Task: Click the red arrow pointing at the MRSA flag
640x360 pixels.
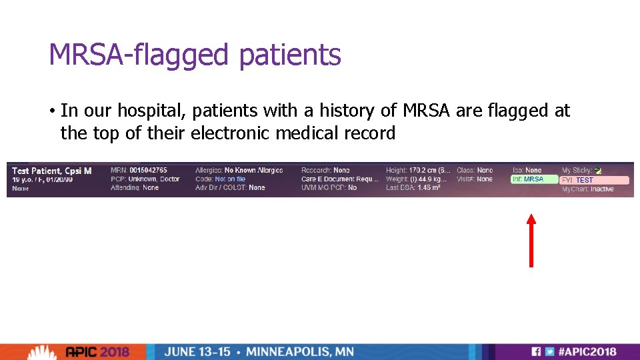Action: coord(531,240)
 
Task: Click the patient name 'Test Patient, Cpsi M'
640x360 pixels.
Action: coord(51,171)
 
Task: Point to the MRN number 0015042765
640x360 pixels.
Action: coord(148,171)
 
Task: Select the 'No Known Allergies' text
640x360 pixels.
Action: coord(253,171)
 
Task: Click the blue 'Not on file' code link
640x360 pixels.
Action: coord(230,179)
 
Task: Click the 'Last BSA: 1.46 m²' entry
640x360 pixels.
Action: coord(413,188)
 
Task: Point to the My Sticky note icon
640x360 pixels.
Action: coord(598,171)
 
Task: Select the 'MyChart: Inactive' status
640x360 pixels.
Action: coord(587,189)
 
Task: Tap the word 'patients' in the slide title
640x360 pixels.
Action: coord(289,55)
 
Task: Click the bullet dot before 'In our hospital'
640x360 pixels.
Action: coord(52,111)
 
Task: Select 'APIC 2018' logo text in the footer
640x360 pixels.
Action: coord(107,351)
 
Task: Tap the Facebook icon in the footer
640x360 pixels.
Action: coord(535,351)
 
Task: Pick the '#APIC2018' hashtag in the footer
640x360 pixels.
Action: coord(587,351)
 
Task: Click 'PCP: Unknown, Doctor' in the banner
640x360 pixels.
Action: coord(145,179)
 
